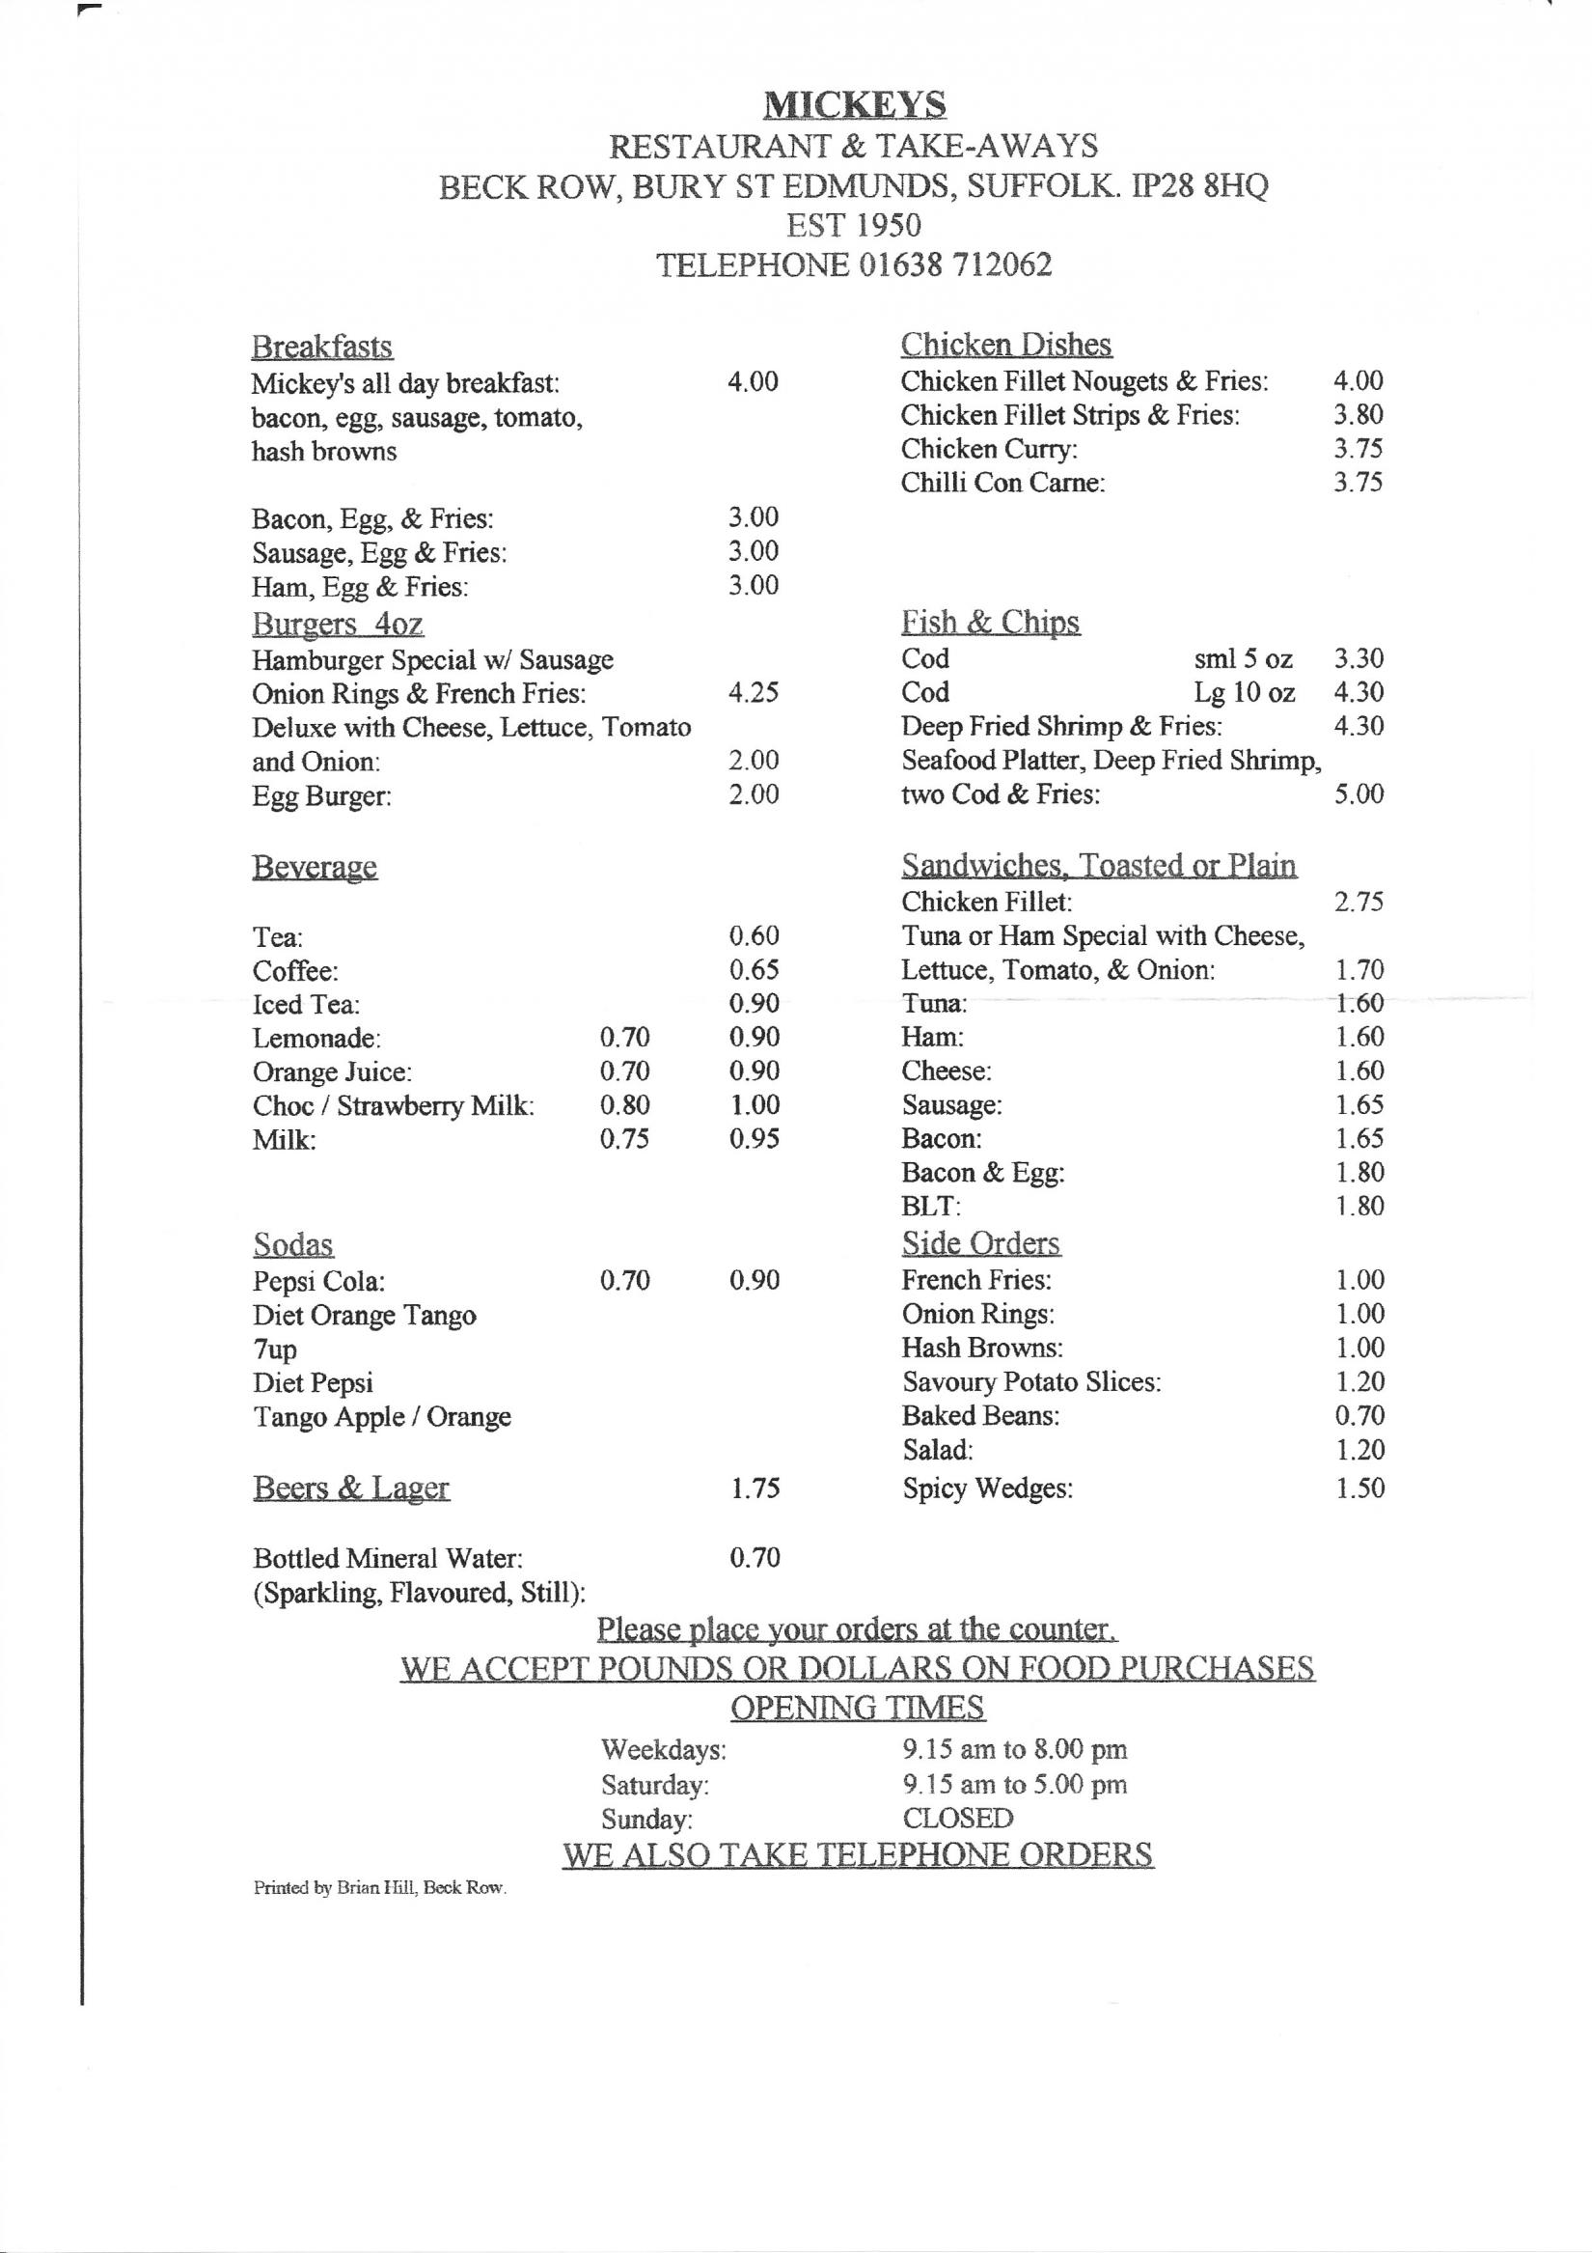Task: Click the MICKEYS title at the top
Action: (853, 104)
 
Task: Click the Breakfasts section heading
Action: (321, 347)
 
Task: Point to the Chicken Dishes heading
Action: (1005, 345)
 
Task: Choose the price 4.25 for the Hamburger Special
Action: (753, 693)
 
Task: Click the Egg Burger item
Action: (321, 795)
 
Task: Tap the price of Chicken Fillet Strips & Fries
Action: (1358, 415)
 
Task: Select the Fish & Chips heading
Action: (990, 622)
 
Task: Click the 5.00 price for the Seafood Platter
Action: (1359, 793)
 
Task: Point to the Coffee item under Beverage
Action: (295, 971)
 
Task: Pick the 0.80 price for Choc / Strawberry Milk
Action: (625, 1105)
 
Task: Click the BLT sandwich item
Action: (931, 1206)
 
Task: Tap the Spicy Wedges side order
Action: (987, 1488)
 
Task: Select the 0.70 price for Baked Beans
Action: (1359, 1415)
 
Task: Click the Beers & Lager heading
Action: (350, 1488)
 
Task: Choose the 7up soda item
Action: (275, 1350)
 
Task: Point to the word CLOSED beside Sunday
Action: (957, 1819)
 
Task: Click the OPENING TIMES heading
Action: (857, 1708)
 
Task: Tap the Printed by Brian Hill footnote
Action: (379, 1888)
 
